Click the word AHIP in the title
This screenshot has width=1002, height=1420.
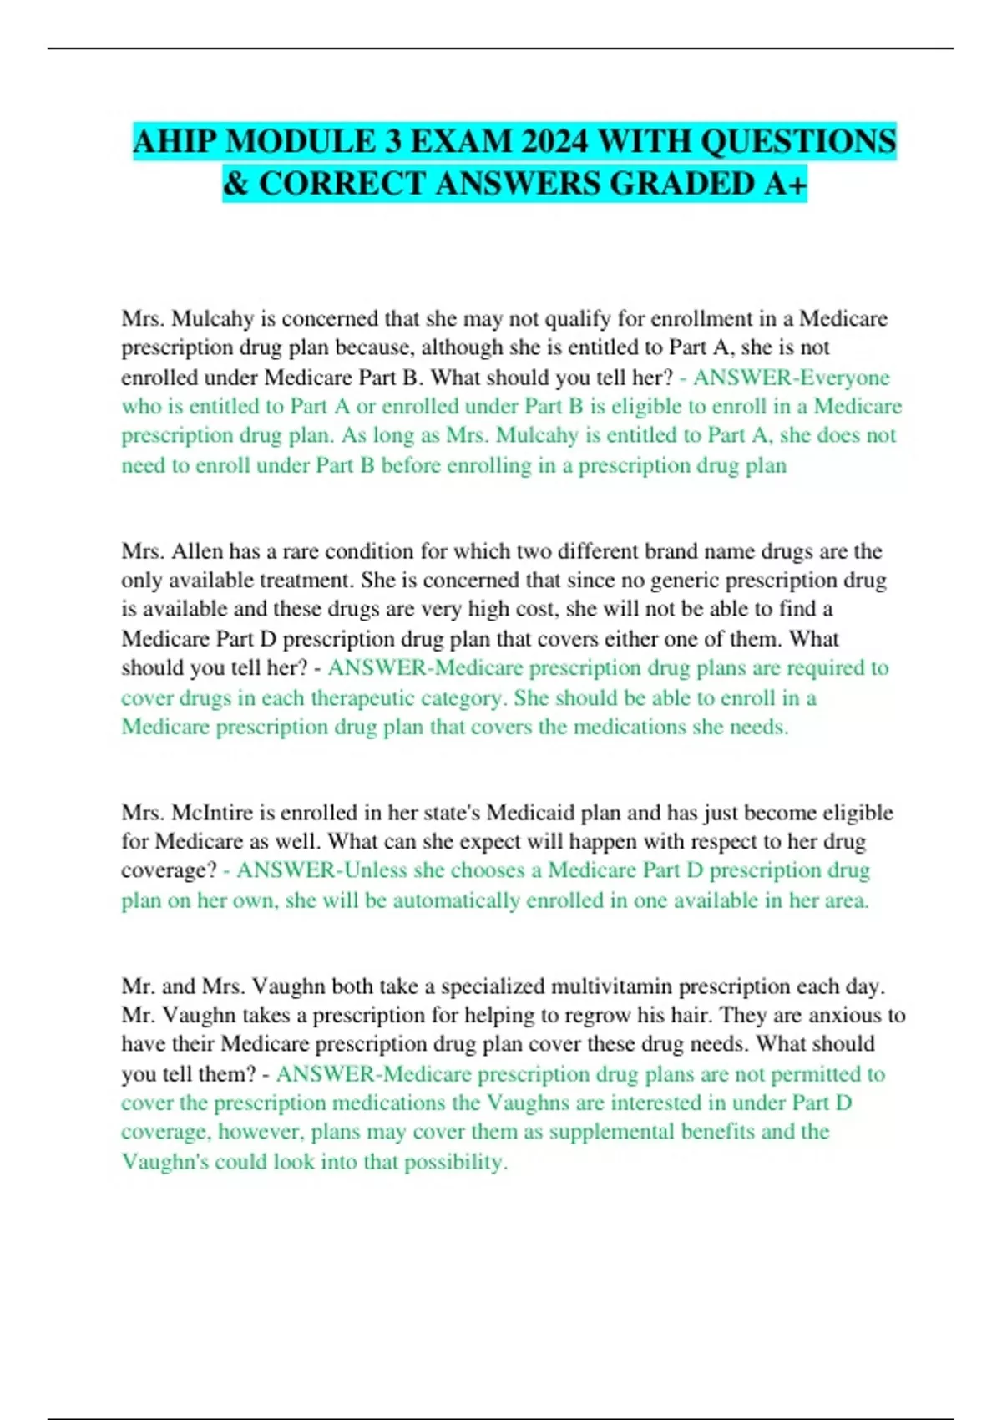point(175,141)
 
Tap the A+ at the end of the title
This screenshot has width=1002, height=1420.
point(786,184)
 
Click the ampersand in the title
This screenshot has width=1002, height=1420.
point(236,184)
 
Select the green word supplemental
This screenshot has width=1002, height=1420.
point(611,1132)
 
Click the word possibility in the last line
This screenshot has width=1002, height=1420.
point(455,1162)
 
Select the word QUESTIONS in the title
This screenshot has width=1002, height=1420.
point(797,141)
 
